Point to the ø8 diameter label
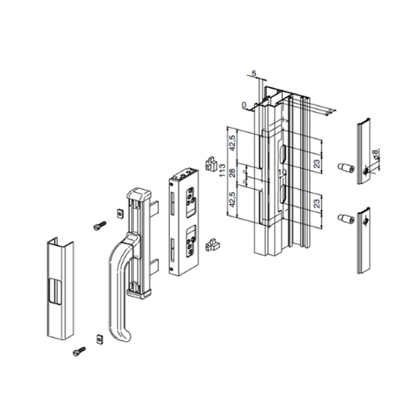point(376,156)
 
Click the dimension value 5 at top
point(254,73)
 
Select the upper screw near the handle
point(98,225)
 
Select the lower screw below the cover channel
point(79,352)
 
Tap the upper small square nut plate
point(118,212)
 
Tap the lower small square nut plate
point(99,339)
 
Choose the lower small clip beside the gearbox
point(212,244)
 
